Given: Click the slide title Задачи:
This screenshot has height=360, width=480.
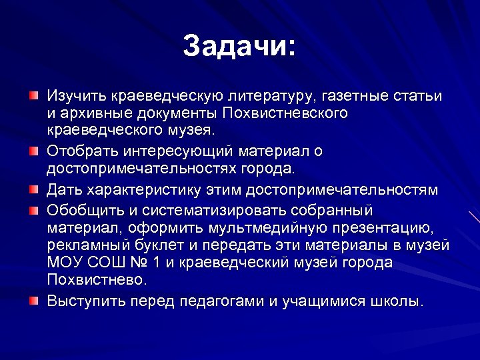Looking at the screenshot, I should pyautogui.click(x=239, y=47).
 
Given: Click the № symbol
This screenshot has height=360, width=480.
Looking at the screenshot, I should pyautogui.click(x=142, y=262).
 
